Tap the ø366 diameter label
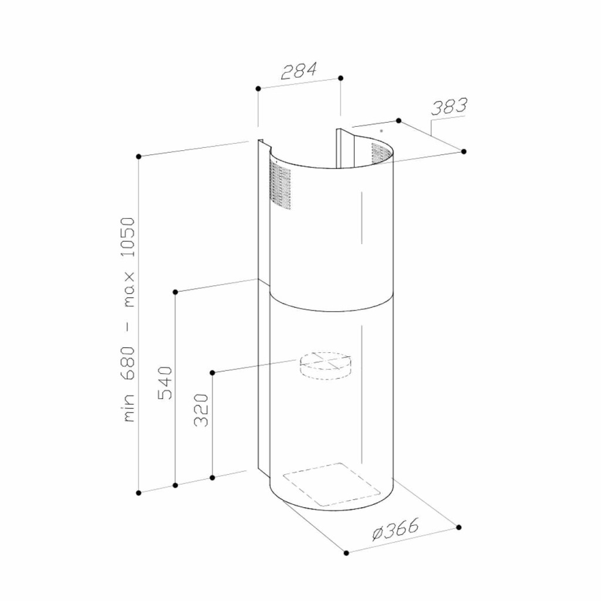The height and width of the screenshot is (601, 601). (x=395, y=529)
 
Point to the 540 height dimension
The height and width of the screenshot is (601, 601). (x=165, y=383)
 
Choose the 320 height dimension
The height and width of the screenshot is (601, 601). (x=201, y=410)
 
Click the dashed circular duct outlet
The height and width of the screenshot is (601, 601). (x=325, y=366)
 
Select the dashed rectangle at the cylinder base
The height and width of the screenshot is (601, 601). (x=332, y=484)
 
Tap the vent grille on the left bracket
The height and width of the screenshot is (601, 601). (x=279, y=185)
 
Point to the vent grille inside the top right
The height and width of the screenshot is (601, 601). (x=381, y=154)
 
